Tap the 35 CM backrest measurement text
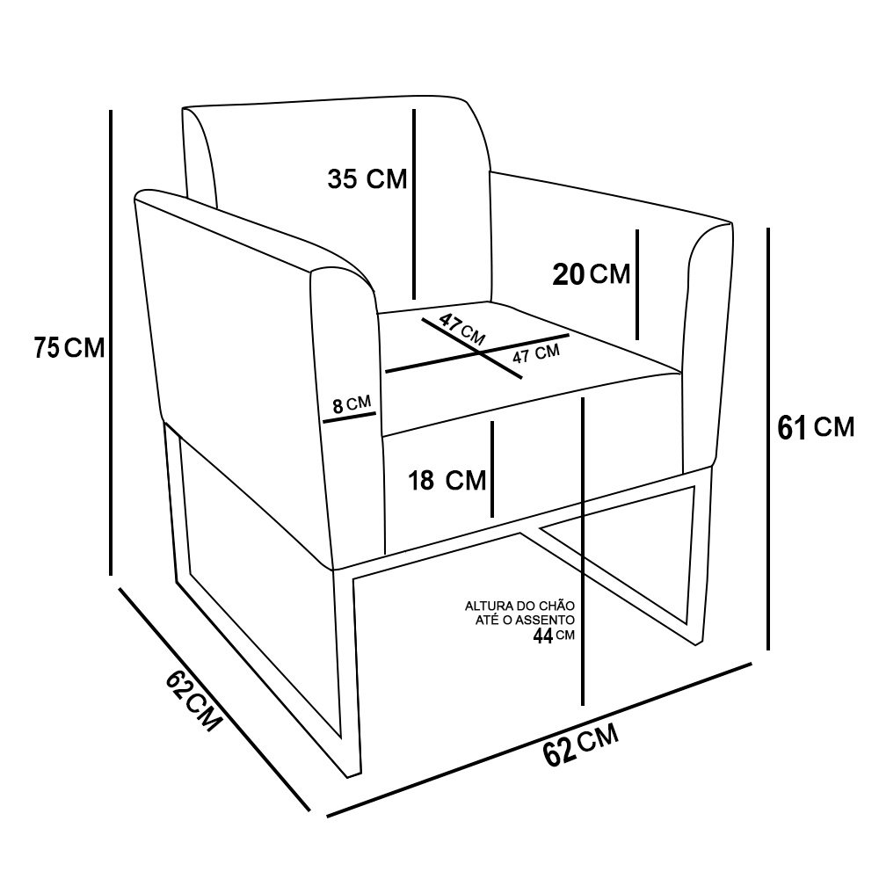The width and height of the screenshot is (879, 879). coord(367,179)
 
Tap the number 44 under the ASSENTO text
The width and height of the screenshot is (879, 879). coord(542,637)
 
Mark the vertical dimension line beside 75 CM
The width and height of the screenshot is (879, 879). coord(112,343)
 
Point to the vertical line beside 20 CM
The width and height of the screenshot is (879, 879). coord(637,285)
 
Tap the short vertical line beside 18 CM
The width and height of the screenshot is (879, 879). coord(492,469)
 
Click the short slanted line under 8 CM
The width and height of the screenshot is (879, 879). coord(349,418)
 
